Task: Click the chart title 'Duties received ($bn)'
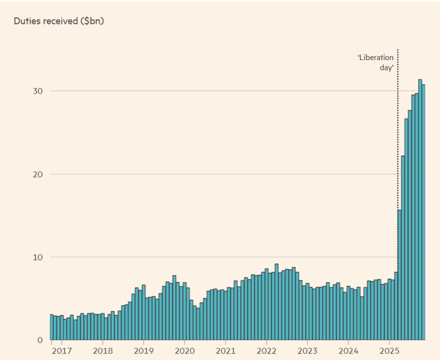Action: click(x=59, y=21)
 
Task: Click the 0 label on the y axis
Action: click(x=40, y=340)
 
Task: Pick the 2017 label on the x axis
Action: click(x=61, y=351)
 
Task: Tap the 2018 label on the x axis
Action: click(x=102, y=351)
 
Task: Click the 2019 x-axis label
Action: click(x=144, y=351)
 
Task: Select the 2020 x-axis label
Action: click(x=184, y=351)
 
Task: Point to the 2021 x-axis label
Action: click(x=226, y=351)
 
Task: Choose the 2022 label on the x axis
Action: click(x=266, y=351)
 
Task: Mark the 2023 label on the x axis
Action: click(x=308, y=351)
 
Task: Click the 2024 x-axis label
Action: click(x=348, y=351)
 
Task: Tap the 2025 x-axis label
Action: click(x=389, y=351)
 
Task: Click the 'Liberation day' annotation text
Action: click(x=376, y=63)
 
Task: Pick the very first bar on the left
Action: click(x=52, y=327)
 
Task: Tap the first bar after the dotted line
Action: click(x=400, y=275)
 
